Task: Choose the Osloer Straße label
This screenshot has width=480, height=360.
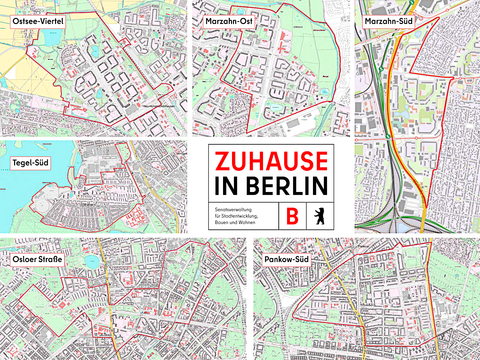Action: point(38,260)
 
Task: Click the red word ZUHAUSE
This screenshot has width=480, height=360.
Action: point(271,162)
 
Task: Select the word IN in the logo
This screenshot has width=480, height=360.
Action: point(224,186)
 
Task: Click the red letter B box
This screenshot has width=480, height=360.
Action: point(292,215)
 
